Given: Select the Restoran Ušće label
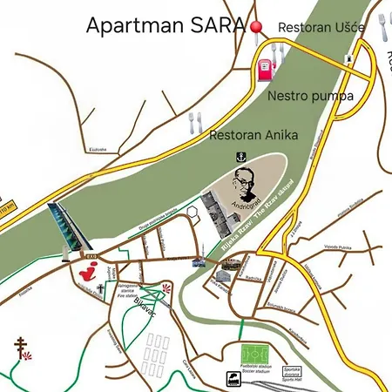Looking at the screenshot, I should point(321,28).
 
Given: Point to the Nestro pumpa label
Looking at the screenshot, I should point(311,96).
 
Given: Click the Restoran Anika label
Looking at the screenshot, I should point(254,135).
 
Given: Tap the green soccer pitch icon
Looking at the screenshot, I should point(255,354).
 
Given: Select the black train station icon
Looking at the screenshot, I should point(233,379).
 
